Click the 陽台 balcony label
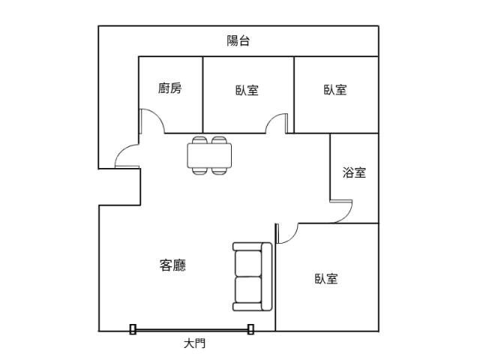pyautogui.click(x=238, y=40)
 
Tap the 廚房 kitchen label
pyautogui.click(x=170, y=88)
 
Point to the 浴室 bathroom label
pyautogui.click(x=354, y=172)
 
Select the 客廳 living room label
pyautogui.click(x=172, y=265)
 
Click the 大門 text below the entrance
pyautogui.click(x=195, y=343)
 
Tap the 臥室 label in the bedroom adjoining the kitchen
pyautogui.click(x=247, y=90)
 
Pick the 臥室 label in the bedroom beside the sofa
pyautogui.click(x=326, y=279)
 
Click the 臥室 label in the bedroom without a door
pyautogui.click(x=335, y=90)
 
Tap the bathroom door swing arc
pyautogui.click(x=347, y=217)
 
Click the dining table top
pyautogui.click(x=209, y=155)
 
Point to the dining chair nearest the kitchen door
pyautogui.click(x=200, y=140)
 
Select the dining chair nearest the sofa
pyautogui.click(x=219, y=171)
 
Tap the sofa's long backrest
pyautogui.click(x=267, y=277)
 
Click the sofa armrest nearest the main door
pyautogui.click(x=248, y=307)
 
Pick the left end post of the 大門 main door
pyautogui.click(x=133, y=329)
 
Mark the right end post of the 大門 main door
pyautogui.click(x=250, y=329)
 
